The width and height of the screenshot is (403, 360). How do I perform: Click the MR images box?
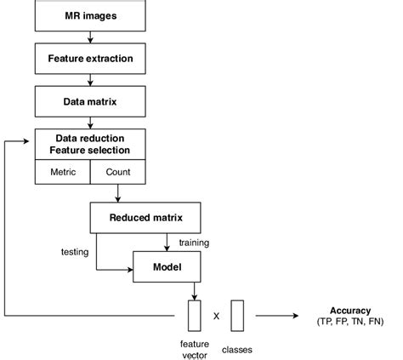tap(90, 16)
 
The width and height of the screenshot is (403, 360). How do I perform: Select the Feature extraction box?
tap(90, 59)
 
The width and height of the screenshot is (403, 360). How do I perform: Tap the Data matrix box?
tap(90, 101)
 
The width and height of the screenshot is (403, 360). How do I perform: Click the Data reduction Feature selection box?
tap(90, 144)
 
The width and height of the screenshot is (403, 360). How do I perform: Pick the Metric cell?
tap(62, 171)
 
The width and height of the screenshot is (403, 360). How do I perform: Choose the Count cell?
tap(118, 171)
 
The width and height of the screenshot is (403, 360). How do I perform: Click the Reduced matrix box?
tap(146, 218)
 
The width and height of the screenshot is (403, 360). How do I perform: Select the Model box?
tap(167, 266)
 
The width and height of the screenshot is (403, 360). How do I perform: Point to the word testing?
tap(76, 252)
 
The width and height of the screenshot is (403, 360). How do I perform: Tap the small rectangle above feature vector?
tap(194, 315)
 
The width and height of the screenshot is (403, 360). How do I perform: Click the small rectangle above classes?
tap(237, 315)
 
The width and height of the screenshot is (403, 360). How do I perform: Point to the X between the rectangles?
tap(216, 316)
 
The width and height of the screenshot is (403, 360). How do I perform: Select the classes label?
tap(237, 348)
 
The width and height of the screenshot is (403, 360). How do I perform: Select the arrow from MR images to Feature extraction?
tap(90, 37)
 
